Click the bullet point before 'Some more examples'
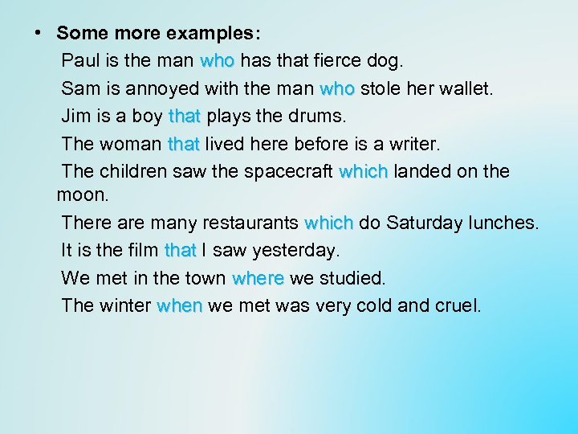click(x=37, y=33)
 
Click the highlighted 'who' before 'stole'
click(x=338, y=88)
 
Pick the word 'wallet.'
click(x=465, y=88)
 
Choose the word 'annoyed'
click(x=165, y=88)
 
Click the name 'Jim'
click(x=75, y=116)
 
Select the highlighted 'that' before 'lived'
click(x=183, y=144)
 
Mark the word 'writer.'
click(x=413, y=144)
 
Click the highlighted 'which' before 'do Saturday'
click(x=329, y=223)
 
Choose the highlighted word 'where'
click(x=258, y=278)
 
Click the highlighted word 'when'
click(x=181, y=306)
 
